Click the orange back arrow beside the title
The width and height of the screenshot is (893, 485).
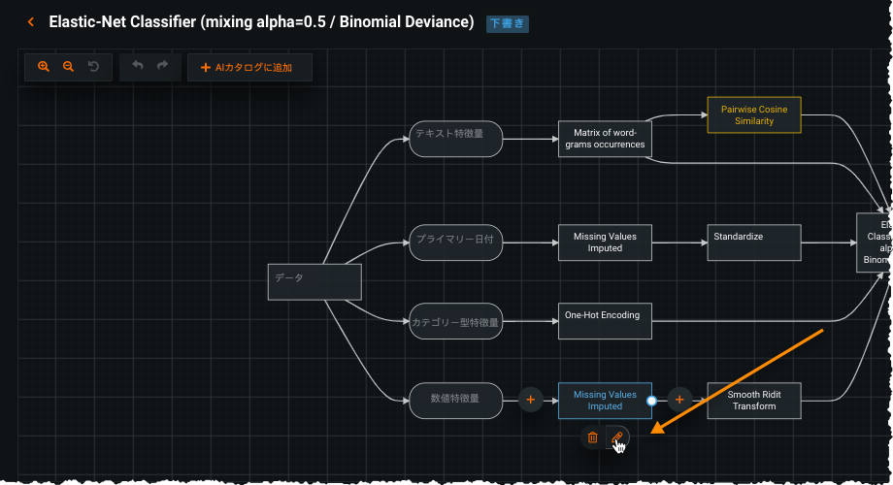[31, 21]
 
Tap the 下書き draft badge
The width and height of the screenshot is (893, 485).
[508, 22]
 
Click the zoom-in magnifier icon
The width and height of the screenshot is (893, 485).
[43, 67]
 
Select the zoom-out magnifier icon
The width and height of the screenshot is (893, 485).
[68, 67]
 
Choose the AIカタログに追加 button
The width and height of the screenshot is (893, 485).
[249, 68]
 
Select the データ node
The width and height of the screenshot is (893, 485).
[314, 281]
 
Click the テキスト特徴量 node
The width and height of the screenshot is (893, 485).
[456, 139]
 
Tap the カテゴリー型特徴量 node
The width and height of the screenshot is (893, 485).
[456, 322]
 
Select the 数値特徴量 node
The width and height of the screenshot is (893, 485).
[456, 399]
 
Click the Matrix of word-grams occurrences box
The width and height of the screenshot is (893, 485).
[605, 139]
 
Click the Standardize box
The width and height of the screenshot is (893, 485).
[754, 242]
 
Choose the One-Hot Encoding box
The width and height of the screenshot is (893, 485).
[605, 321]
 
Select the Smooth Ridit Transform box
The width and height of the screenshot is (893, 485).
[754, 400]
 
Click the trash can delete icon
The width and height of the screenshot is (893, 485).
[593, 438]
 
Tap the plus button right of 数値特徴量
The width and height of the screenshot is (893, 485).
[530, 399]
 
